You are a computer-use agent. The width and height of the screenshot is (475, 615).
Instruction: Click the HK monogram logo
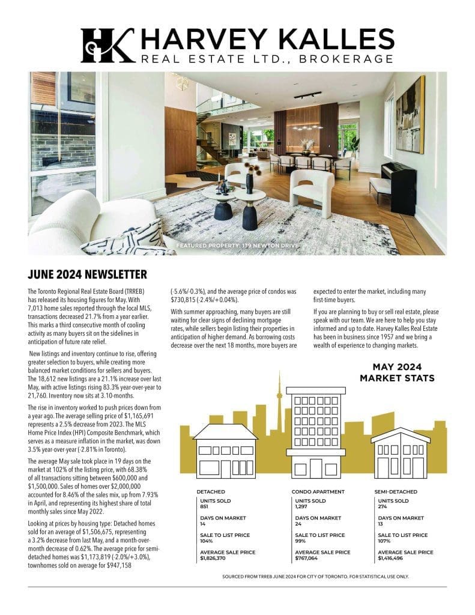tap(107, 45)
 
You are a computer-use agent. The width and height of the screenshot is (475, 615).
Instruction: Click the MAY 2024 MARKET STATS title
tap(397, 372)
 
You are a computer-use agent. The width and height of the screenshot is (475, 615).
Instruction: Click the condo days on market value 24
tap(298, 524)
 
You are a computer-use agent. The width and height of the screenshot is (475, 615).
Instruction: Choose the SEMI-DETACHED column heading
tap(396, 491)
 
